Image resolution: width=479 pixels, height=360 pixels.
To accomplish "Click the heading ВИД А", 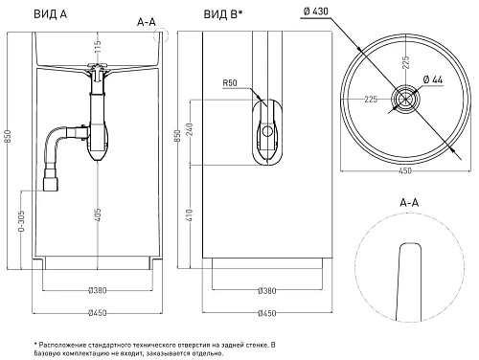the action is pyautogui.click(x=51, y=14).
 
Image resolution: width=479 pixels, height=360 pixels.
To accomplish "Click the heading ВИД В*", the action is pyautogui.click(x=223, y=14).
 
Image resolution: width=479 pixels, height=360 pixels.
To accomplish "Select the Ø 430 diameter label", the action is pyautogui.click(x=316, y=11).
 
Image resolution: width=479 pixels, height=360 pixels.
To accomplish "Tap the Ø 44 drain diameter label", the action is pyautogui.click(x=433, y=79).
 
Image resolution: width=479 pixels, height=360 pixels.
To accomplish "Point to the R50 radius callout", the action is pyautogui.click(x=230, y=83).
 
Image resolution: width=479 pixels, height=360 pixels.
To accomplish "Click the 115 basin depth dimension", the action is pyautogui.click(x=98, y=47).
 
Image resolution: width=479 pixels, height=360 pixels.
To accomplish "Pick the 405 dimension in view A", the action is pyautogui.click(x=98, y=214).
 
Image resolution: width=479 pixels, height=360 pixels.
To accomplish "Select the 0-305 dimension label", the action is pyautogui.click(x=21, y=220).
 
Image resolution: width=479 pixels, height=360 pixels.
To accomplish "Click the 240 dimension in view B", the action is pyautogui.click(x=190, y=129).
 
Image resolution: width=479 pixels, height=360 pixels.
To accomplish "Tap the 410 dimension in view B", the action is pyautogui.click(x=190, y=215).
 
